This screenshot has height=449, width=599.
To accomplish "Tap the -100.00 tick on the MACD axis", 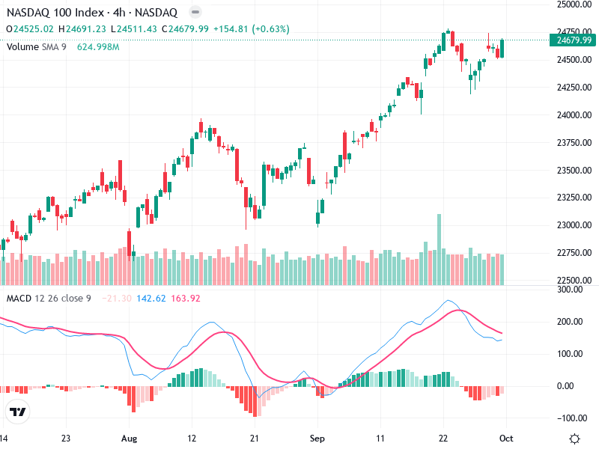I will (573, 418).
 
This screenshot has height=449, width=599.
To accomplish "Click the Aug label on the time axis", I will (130, 439).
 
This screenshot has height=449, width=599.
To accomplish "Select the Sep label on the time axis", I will (318, 439).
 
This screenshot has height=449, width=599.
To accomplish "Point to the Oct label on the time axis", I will (505, 439).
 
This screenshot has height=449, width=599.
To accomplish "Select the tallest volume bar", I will (439, 249).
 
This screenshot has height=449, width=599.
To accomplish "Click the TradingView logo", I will (18, 412).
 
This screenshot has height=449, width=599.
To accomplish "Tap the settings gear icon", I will (574, 439).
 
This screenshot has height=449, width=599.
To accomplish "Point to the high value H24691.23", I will (85, 29).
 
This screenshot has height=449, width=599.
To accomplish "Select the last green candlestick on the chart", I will (502, 49).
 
